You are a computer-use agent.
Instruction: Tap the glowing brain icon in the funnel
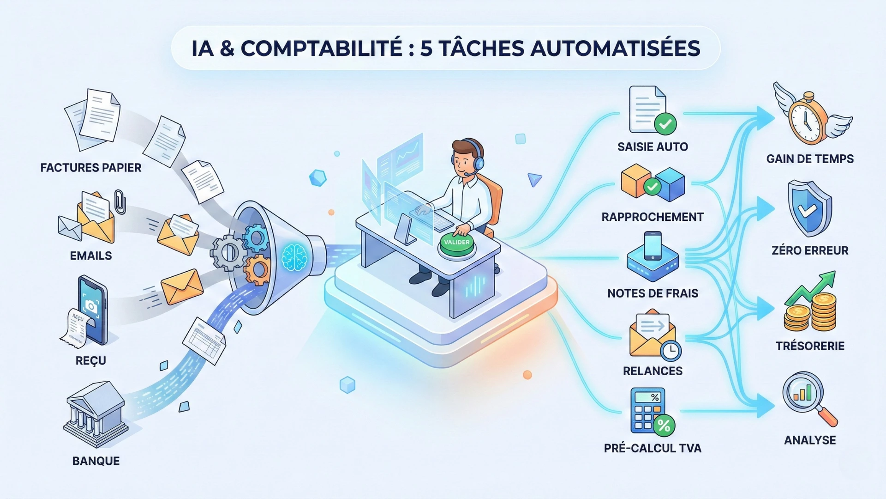294,257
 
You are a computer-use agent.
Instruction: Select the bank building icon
96,414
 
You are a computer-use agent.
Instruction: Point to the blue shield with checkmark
809,209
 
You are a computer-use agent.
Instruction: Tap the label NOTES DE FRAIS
653,293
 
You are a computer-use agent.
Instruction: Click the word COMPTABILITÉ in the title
321,49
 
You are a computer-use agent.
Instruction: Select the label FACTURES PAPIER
91,168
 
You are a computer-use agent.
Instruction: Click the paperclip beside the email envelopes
120,202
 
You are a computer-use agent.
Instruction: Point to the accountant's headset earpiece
479,162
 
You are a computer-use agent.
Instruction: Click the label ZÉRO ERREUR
810,250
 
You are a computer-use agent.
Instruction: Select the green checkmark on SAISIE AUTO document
665,124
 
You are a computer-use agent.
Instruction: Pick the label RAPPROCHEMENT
653,217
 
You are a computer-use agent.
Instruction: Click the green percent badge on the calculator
664,425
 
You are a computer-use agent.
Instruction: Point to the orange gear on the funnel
257,270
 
